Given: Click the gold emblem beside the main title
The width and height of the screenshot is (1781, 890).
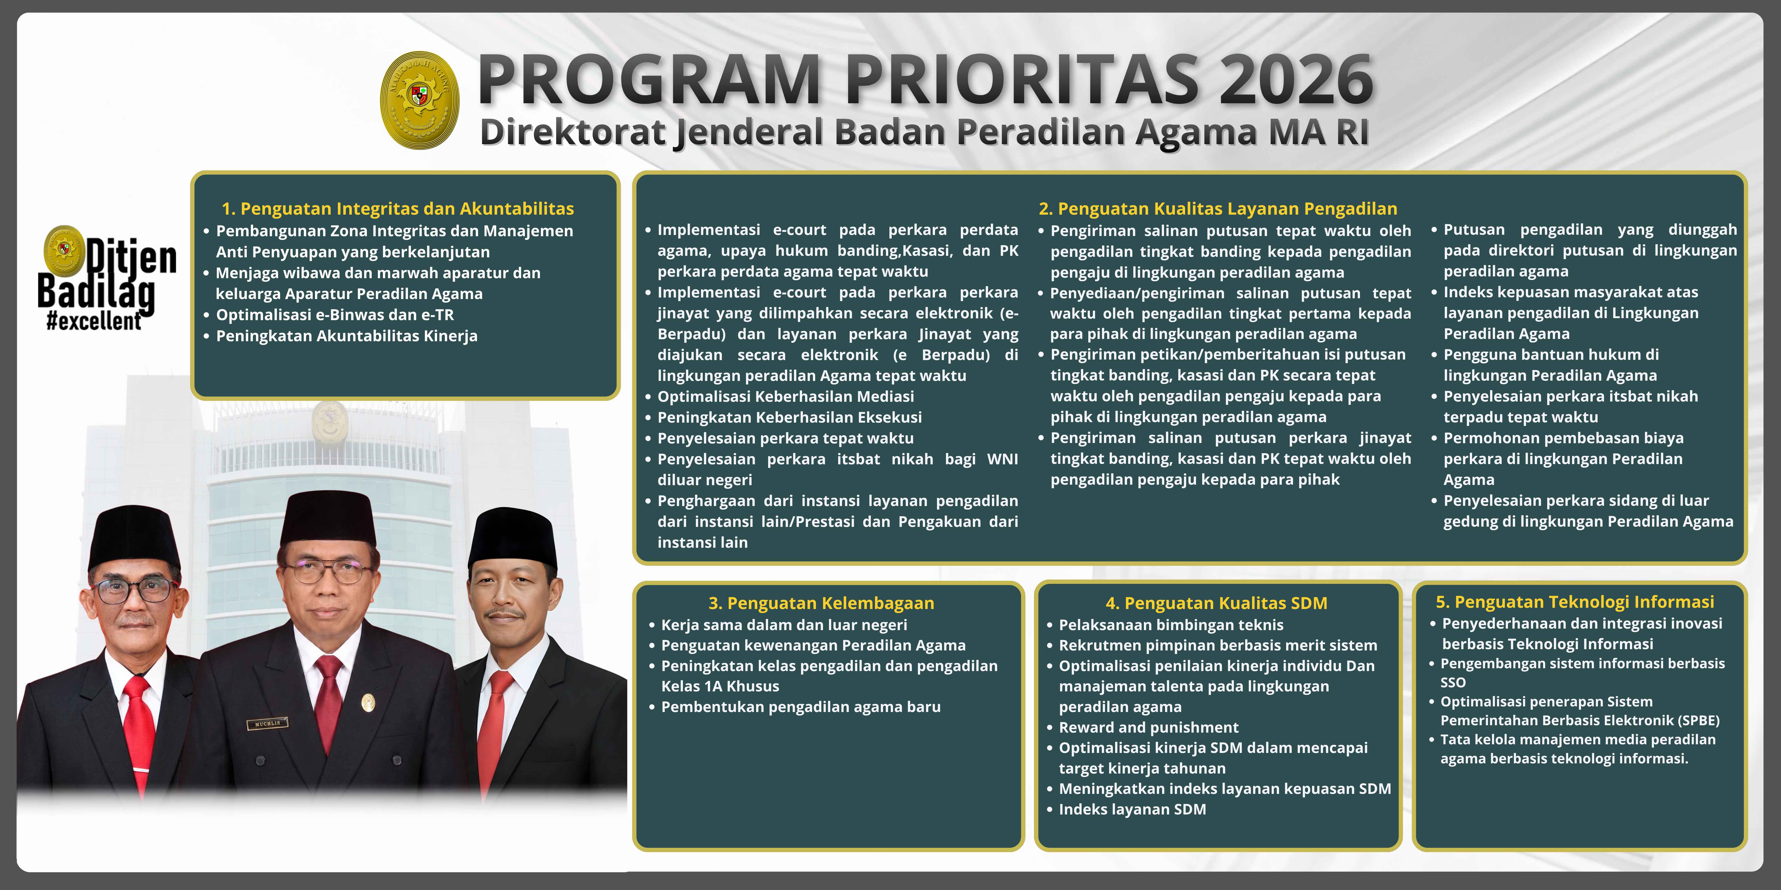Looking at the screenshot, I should click(x=420, y=100).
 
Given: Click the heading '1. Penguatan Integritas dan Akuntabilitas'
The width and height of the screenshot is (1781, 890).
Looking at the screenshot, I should click(x=397, y=209).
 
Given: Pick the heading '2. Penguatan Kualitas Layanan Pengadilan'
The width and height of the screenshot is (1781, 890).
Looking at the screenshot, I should click(x=1217, y=209).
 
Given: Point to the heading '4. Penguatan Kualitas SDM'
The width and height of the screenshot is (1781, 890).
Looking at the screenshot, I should click(x=1216, y=603).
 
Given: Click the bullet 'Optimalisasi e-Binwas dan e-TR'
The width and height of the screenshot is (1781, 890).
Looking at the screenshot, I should click(x=335, y=315).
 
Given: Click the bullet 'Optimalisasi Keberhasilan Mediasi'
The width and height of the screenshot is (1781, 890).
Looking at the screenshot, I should click(x=785, y=397).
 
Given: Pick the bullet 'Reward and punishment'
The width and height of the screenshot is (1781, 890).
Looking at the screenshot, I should click(x=1148, y=728).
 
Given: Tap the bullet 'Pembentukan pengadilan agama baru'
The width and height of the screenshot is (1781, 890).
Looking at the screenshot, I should click(x=801, y=707).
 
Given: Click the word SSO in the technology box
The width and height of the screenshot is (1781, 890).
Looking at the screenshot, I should click(x=1453, y=683).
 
